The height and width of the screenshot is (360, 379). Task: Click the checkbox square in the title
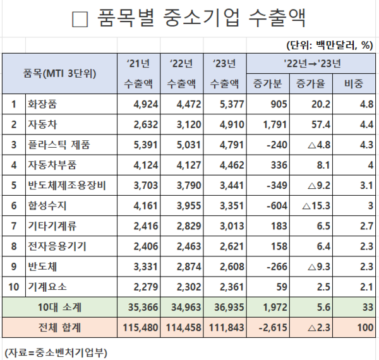[x=80, y=20]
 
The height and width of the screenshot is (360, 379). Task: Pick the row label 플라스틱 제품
[x=59, y=145]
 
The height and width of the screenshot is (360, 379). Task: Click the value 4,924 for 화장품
[x=143, y=104]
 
